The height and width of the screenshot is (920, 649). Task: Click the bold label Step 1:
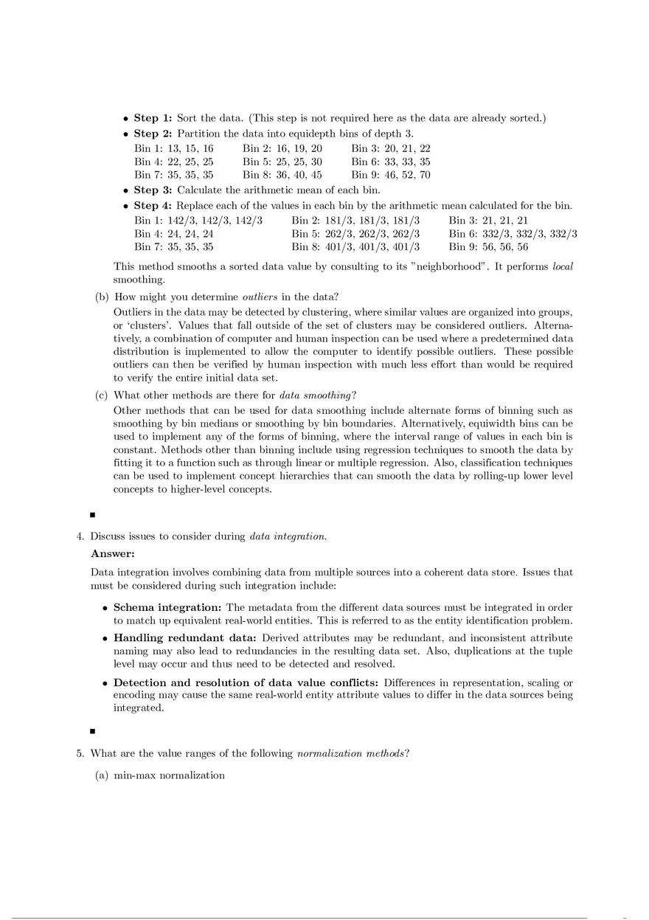tap(153, 118)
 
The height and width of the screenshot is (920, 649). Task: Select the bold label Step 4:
tap(153, 206)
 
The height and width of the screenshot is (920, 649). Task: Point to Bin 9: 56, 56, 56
tap(488, 247)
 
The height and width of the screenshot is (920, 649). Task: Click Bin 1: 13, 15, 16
tap(173, 148)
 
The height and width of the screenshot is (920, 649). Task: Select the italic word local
tap(563, 266)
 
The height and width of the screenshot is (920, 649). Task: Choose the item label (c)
tap(102, 395)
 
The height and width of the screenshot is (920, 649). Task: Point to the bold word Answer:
tap(113, 553)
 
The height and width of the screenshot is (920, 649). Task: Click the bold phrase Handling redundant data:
tap(184, 637)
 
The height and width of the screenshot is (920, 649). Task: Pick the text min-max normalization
tap(169, 775)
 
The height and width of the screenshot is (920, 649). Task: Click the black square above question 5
tap(93, 731)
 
